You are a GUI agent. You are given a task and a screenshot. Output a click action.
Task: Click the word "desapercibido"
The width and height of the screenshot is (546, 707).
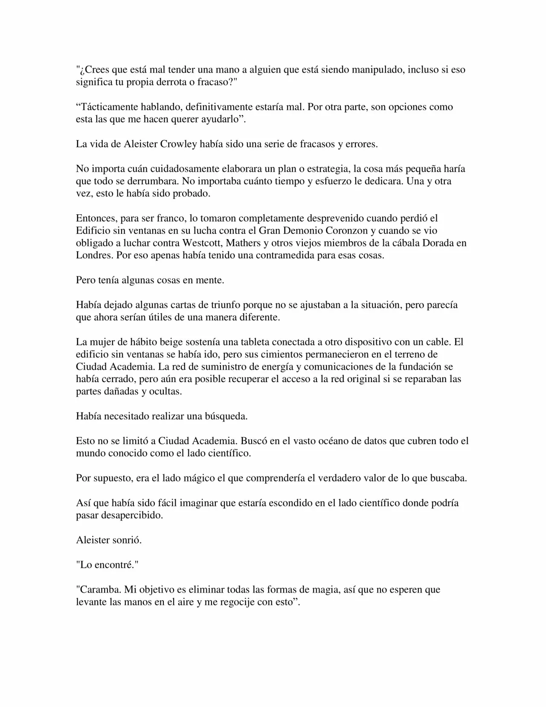[132, 515]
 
